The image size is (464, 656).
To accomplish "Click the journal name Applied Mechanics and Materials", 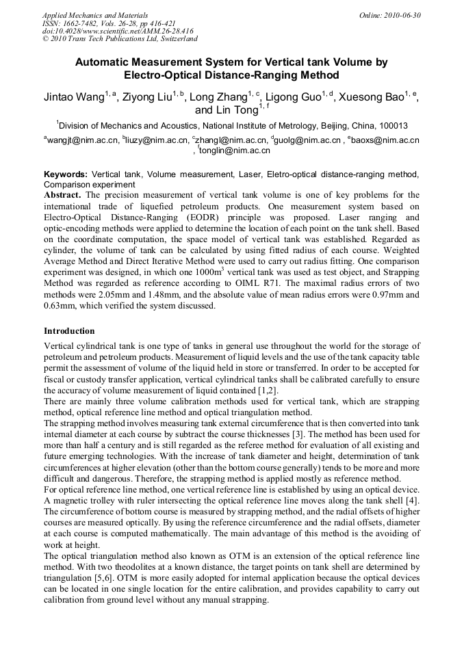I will (x=94, y=15).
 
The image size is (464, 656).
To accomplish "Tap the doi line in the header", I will (x=118, y=31).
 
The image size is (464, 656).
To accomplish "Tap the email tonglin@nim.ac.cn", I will (x=225, y=150).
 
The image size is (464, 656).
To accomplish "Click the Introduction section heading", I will (x=69, y=331).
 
